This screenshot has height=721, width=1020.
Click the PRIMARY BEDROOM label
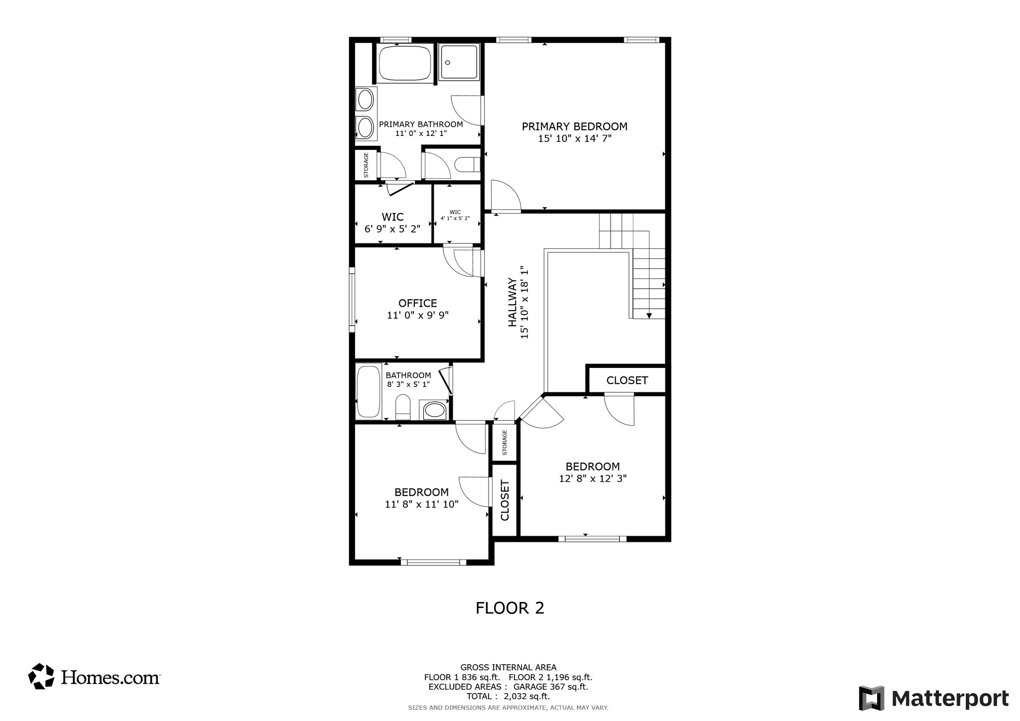pyautogui.click(x=574, y=126)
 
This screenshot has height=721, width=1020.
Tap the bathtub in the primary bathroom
pyautogui.click(x=404, y=64)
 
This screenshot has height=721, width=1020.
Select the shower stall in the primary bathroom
pyautogui.click(x=459, y=62)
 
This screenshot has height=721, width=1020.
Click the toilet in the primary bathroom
pyautogui.click(x=467, y=165)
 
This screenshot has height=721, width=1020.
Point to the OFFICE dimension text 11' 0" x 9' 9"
pyautogui.click(x=417, y=315)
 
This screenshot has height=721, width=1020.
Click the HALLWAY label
pyautogui.click(x=512, y=303)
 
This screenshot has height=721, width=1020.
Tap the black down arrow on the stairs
pyautogui.click(x=649, y=315)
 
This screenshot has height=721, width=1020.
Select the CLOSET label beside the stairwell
pyautogui.click(x=627, y=380)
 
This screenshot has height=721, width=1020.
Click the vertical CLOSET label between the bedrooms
pyautogui.click(x=505, y=500)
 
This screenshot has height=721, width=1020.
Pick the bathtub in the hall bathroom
pyautogui.click(x=369, y=392)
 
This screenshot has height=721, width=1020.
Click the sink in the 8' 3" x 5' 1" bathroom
pyautogui.click(x=434, y=410)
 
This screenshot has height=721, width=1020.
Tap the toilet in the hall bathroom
pyautogui.click(x=402, y=407)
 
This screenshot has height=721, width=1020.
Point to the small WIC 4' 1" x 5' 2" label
pyautogui.click(x=455, y=215)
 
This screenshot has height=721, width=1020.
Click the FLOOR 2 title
pyautogui.click(x=510, y=608)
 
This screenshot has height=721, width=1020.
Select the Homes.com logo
pyautogui.click(x=94, y=677)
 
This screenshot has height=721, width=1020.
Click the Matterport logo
pyautogui.click(x=933, y=699)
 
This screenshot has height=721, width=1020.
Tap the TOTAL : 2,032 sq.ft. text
pyautogui.click(x=508, y=696)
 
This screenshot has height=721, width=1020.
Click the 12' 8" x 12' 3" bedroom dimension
pyautogui.click(x=592, y=479)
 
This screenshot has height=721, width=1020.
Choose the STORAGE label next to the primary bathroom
pyautogui.click(x=366, y=165)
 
